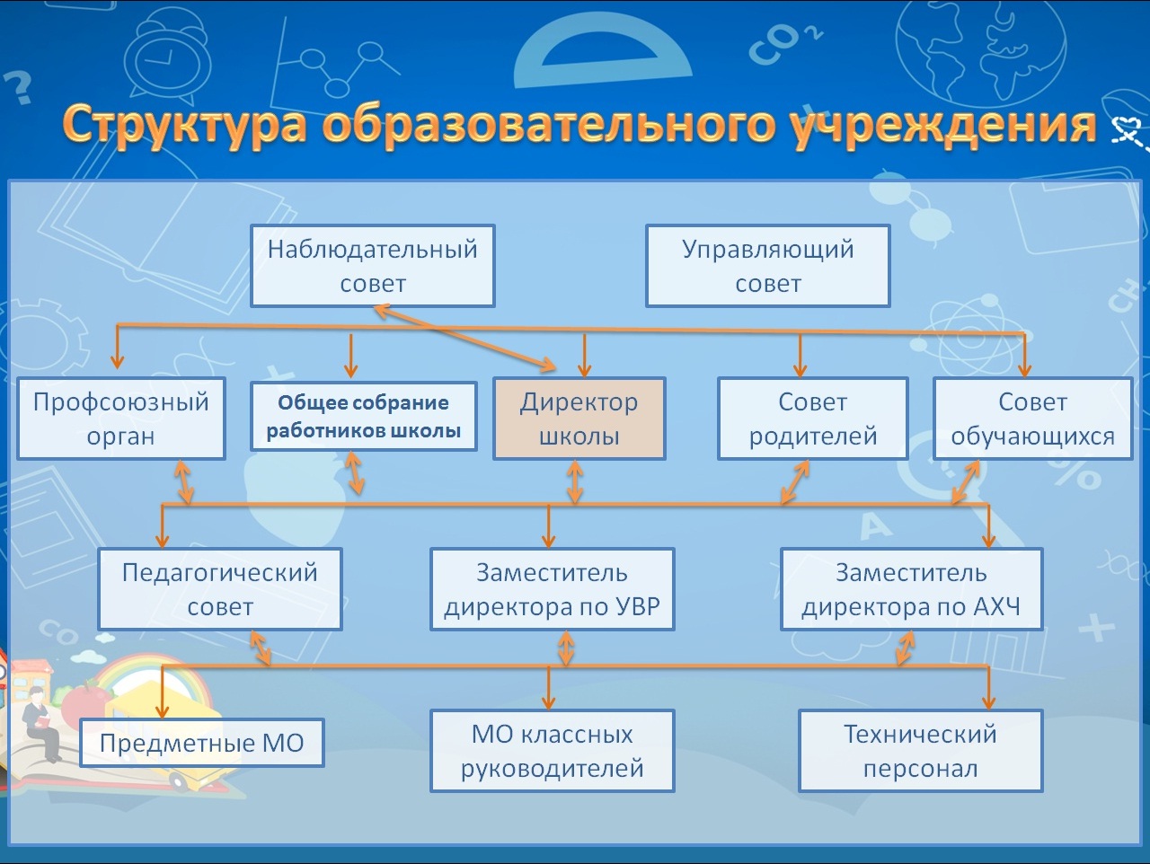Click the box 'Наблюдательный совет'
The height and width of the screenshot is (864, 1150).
[373, 266]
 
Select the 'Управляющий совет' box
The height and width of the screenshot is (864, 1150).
[768, 266]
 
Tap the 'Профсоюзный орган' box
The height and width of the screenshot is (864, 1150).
[121, 419]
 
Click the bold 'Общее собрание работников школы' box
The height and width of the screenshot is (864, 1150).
[364, 417]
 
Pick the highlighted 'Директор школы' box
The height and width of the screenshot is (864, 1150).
[579, 419]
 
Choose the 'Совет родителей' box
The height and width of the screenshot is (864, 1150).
[812, 419]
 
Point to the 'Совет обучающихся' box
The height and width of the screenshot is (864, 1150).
[1032, 419]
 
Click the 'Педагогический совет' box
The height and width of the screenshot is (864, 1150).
[220, 589]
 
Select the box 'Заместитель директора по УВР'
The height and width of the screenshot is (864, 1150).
[553, 589]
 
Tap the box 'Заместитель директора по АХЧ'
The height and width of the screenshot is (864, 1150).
[912, 589]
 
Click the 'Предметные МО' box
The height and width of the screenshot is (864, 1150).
[202, 743]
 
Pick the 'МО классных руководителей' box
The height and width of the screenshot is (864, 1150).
[553, 751]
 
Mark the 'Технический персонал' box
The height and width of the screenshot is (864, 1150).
[921, 751]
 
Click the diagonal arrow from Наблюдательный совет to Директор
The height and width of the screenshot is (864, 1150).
[465, 339]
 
